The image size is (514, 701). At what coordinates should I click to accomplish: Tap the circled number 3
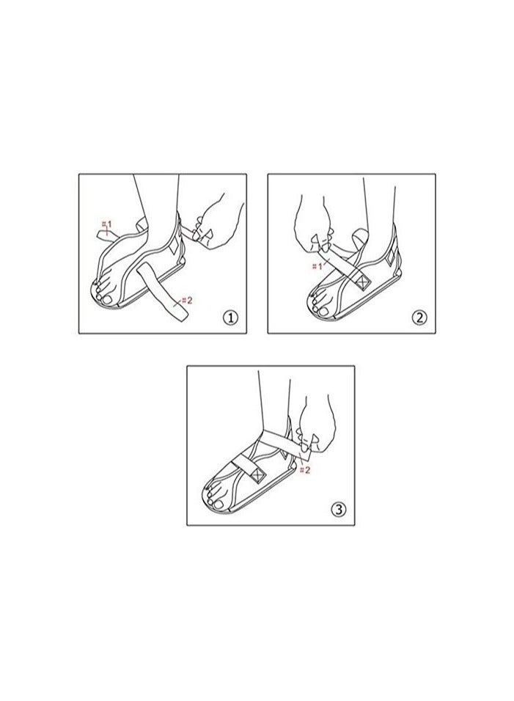tap(338, 510)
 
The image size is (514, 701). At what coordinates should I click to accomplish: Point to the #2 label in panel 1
tap(186, 300)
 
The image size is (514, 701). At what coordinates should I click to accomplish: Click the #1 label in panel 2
tap(317, 265)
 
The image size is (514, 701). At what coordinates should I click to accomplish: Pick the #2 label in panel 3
tap(306, 469)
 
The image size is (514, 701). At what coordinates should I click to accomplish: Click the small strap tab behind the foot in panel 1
tap(104, 233)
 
